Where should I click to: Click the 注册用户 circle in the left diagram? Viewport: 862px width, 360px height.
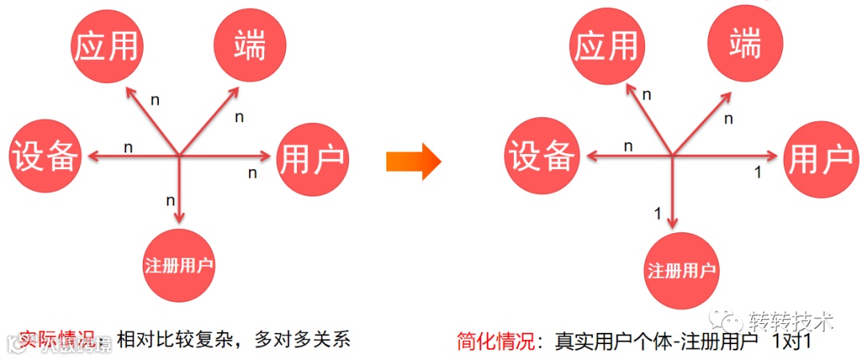(x=179, y=264)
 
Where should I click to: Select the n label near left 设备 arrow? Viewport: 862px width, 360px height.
(x=128, y=147)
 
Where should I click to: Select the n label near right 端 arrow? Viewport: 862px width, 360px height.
(x=727, y=119)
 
